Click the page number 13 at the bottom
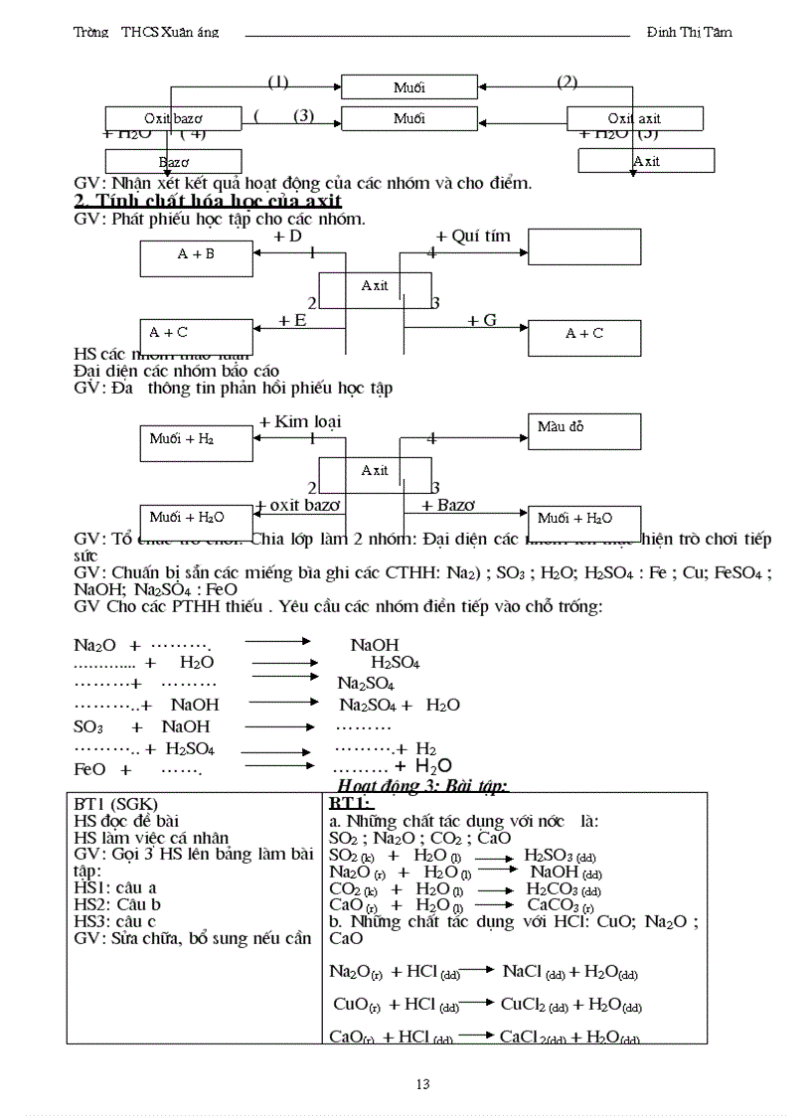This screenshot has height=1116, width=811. tap(423, 1084)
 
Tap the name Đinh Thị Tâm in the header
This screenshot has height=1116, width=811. tap(689, 32)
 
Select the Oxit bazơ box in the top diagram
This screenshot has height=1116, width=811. tap(173, 119)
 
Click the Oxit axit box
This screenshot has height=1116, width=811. tap(634, 119)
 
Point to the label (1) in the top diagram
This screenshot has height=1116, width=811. tap(278, 81)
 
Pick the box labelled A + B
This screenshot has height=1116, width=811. tap(197, 254)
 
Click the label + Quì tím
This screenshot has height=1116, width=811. tap(473, 237)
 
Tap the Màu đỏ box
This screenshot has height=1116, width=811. tap(583, 428)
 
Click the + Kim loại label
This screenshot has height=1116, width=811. tap(300, 421)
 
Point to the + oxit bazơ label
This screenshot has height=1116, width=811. tap(298, 505)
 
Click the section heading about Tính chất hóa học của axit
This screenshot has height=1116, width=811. tap(209, 201)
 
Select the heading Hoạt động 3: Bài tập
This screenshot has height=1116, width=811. tap(423, 786)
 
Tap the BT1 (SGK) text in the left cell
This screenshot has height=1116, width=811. tap(116, 804)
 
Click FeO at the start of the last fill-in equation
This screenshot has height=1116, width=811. tap(89, 769)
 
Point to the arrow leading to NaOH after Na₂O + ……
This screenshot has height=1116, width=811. tap(278, 642)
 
